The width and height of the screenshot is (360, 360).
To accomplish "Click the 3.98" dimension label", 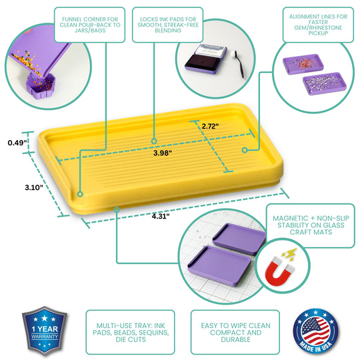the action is click(x=163, y=153).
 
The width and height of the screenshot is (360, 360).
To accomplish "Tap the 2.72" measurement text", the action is click(x=210, y=126).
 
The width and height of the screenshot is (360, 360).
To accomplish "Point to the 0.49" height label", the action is click(x=17, y=143).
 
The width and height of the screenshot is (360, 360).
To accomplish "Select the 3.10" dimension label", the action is click(x=34, y=187).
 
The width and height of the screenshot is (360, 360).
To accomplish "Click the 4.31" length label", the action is click(x=161, y=216).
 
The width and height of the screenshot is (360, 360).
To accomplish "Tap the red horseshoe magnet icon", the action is click(x=279, y=271).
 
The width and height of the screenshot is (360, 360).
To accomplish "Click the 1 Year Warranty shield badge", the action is click(x=44, y=331).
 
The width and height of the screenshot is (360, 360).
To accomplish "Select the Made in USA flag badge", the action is click(x=316, y=331).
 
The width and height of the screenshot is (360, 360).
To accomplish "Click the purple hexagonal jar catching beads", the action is click(x=40, y=85).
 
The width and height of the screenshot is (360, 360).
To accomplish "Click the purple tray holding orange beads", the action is click(x=303, y=64).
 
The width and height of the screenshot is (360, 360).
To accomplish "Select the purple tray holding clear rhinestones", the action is click(x=325, y=83).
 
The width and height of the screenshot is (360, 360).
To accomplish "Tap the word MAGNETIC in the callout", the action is click(x=291, y=218).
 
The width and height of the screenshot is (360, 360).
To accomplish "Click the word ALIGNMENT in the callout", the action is click(x=303, y=17).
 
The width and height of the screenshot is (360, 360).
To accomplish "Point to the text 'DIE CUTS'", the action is click(x=131, y=339).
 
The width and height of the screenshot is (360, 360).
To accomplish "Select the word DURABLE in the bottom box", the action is click(x=235, y=339).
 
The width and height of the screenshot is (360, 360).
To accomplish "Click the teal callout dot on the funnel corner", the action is click(x=80, y=194).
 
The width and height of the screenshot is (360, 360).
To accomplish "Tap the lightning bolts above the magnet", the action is click(x=290, y=255).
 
